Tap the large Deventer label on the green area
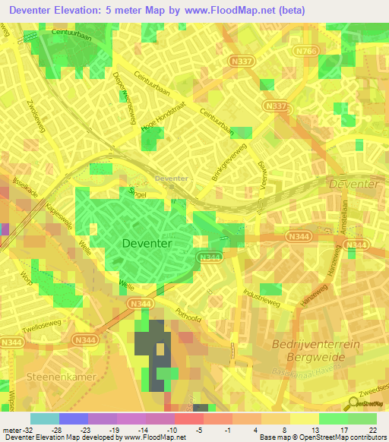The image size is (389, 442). tap(147, 243)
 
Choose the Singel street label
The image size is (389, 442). tap(136, 192)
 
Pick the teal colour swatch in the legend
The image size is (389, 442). tap(44, 418)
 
